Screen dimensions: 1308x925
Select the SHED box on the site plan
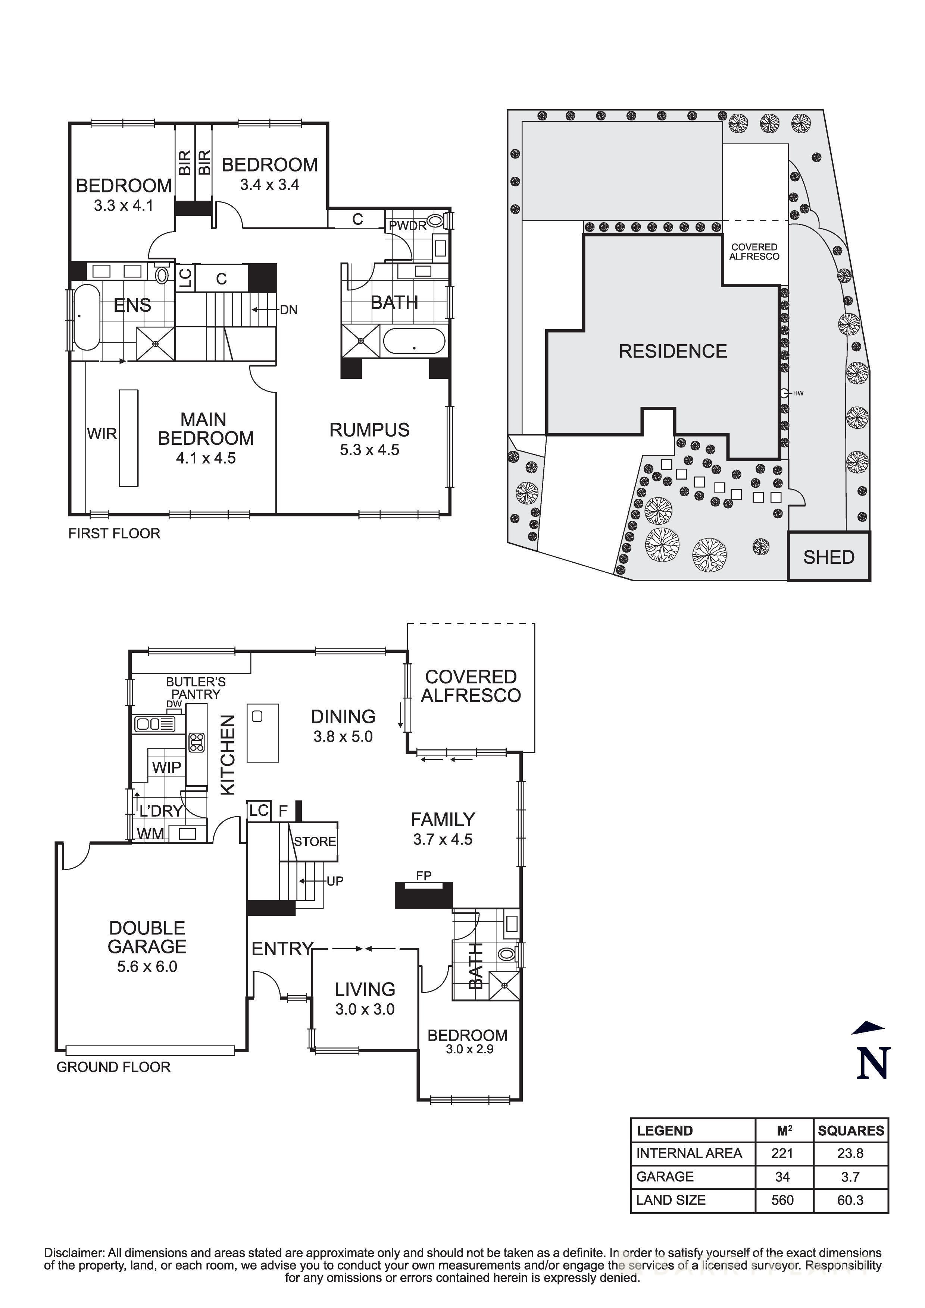[829, 557]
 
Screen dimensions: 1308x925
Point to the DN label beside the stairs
[288, 310]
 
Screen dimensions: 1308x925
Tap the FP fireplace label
[424, 875]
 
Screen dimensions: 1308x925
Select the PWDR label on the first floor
[407, 226]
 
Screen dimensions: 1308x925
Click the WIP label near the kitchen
[166, 767]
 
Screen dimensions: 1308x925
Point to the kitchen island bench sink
[257, 716]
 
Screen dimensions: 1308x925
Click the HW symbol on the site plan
[785, 393]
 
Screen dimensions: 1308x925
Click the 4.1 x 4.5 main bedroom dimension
[205, 458]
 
